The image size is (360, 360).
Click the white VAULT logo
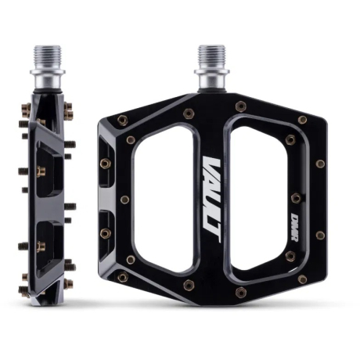point(212,200)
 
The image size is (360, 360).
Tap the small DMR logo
point(295,228)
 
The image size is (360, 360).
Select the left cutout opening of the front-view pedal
point(164,198)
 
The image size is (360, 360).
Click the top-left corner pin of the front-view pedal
point(123,120)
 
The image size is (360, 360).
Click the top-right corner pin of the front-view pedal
point(302,120)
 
